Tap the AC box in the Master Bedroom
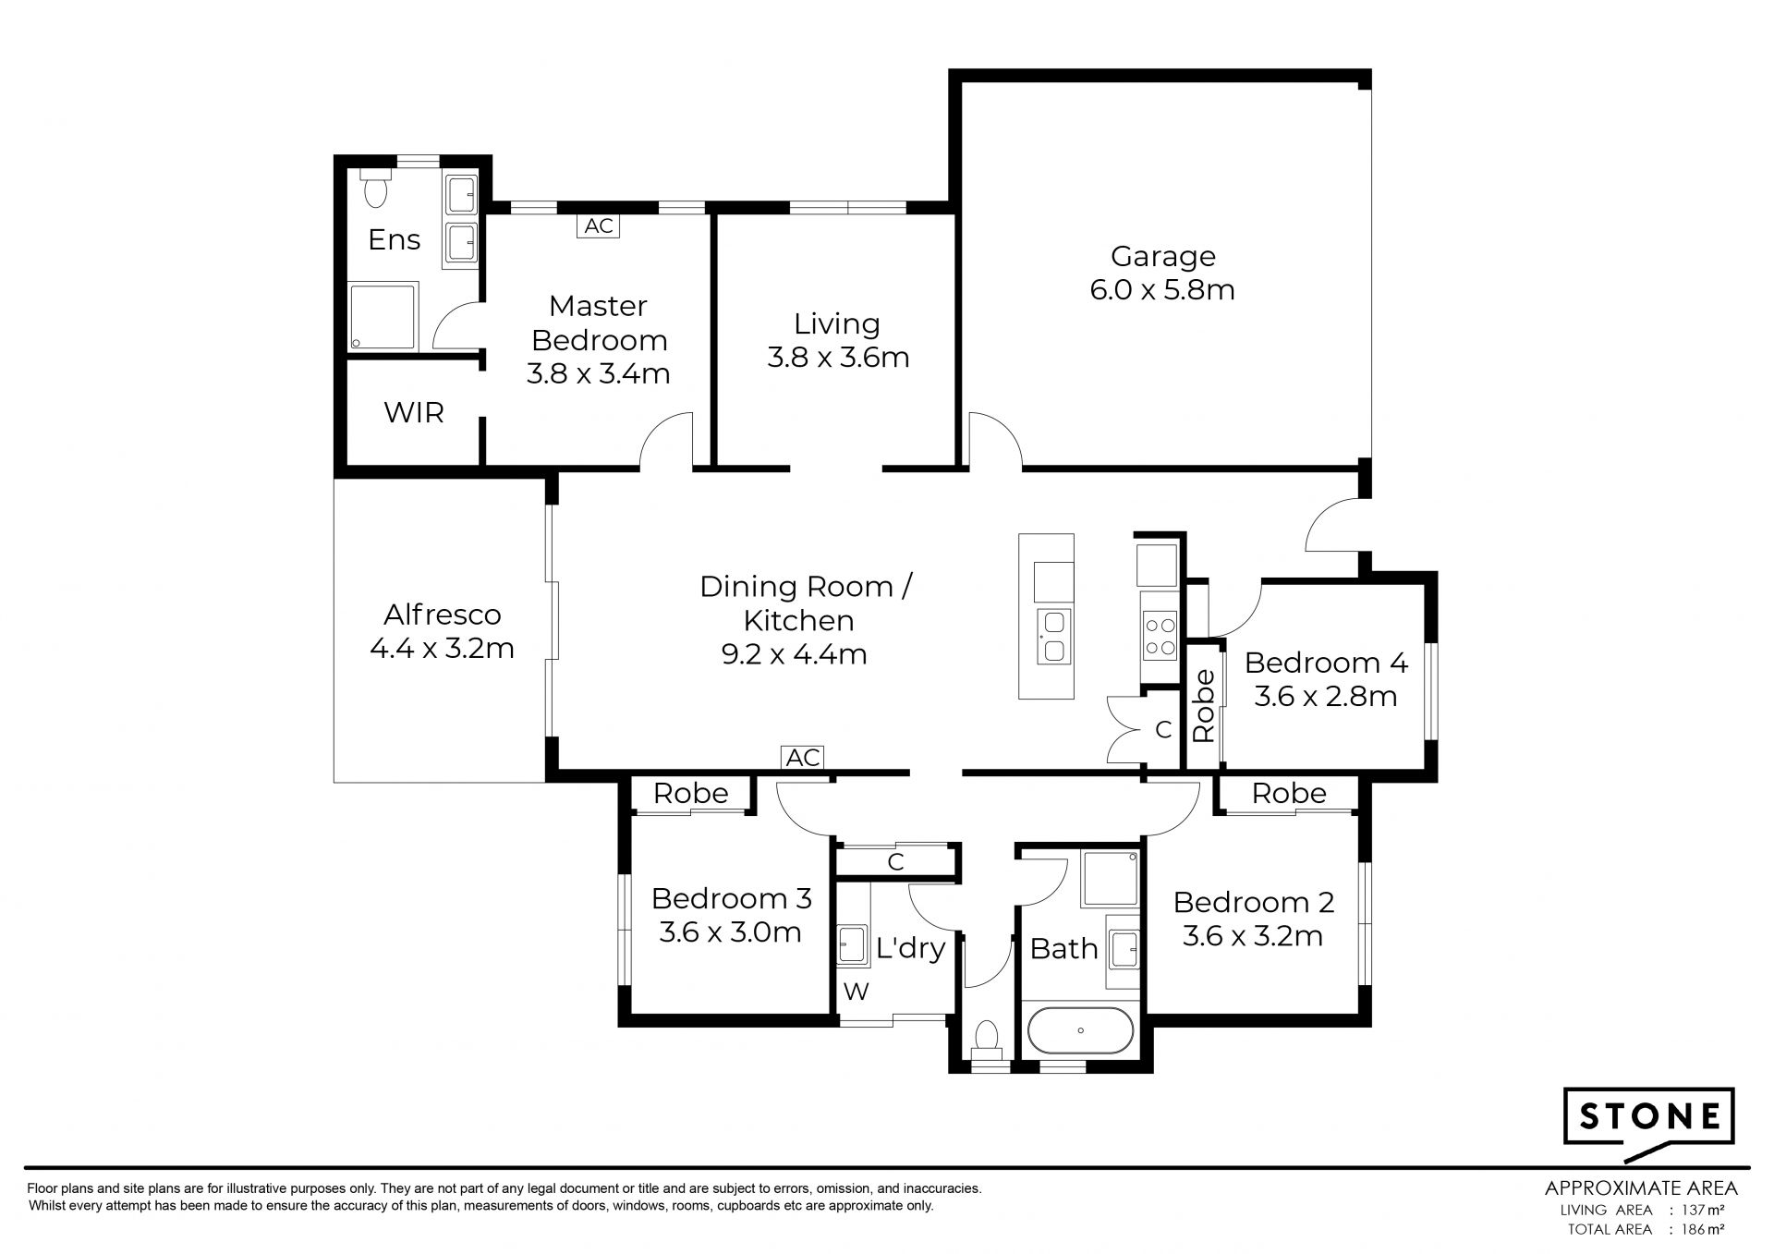click(599, 226)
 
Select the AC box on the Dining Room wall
click(802, 758)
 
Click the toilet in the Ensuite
click(375, 188)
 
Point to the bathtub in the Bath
click(1079, 1030)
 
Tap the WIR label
click(413, 413)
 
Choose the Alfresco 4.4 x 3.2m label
click(442, 631)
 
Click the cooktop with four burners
click(1160, 636)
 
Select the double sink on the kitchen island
click(1052, 637)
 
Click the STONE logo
click(1648, 1118)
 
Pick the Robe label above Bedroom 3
click(690, 794)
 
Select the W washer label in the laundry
click(857, 992)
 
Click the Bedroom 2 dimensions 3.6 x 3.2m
click(1253, 936)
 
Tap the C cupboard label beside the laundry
click(894, 863)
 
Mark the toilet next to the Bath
click(987, 1037)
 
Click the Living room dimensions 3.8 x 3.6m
click(838, 358)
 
